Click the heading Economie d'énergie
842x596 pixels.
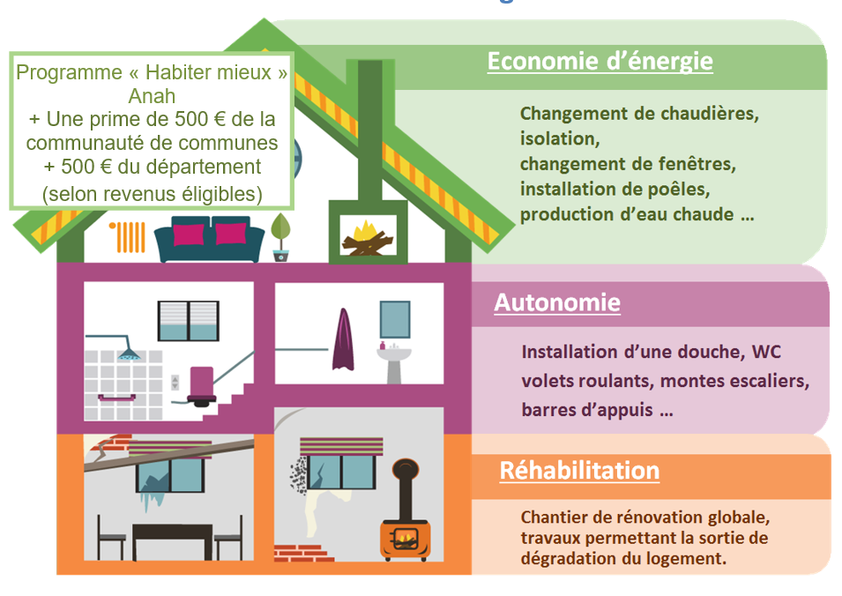[x=600, y=61]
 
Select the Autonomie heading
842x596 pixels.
[x=557, y=302]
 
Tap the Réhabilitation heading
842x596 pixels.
[x=579, y=470]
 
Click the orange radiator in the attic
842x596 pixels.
[x=127, y=237]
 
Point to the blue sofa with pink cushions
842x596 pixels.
[x=210, y=238]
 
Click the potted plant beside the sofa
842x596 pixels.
[x=280, y=237]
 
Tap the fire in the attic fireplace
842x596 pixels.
[x=368, y=237]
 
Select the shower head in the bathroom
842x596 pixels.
[x=130, y=354]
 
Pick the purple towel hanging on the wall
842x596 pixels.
[x=343, y=340]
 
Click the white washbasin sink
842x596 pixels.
[x=393, y=363]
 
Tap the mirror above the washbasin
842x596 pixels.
[x=395, y=319]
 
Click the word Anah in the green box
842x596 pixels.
[x=152, y=96]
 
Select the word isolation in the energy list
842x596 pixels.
[x=560, y=138]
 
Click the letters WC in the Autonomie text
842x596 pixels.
[x=766, y=352]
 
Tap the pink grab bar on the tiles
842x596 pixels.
[x=116, y=398]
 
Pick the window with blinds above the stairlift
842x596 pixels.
[x=189, y=321]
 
